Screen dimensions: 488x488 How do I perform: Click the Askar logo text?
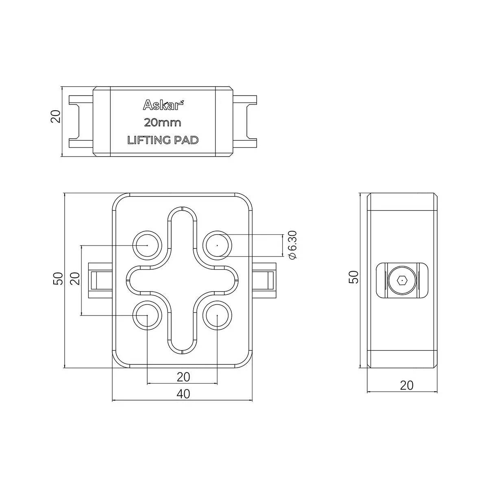[x=163, y=105]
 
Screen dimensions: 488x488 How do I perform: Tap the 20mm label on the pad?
[x=163, y=123]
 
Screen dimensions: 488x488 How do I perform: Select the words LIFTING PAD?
[x=163, y=140]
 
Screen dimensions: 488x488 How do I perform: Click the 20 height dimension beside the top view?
[x=56, y=116]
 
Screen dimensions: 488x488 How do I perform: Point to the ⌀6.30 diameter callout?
[x=292, y=245]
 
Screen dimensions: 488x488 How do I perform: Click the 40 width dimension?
[x=183, y=394]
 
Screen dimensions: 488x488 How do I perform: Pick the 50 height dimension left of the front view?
[x=58, y=279]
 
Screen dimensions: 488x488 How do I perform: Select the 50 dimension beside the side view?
[x=354, y=277]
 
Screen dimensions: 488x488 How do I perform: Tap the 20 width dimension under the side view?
[x=407, y=385]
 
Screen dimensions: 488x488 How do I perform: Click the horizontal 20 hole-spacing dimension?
[x=183, y=377]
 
